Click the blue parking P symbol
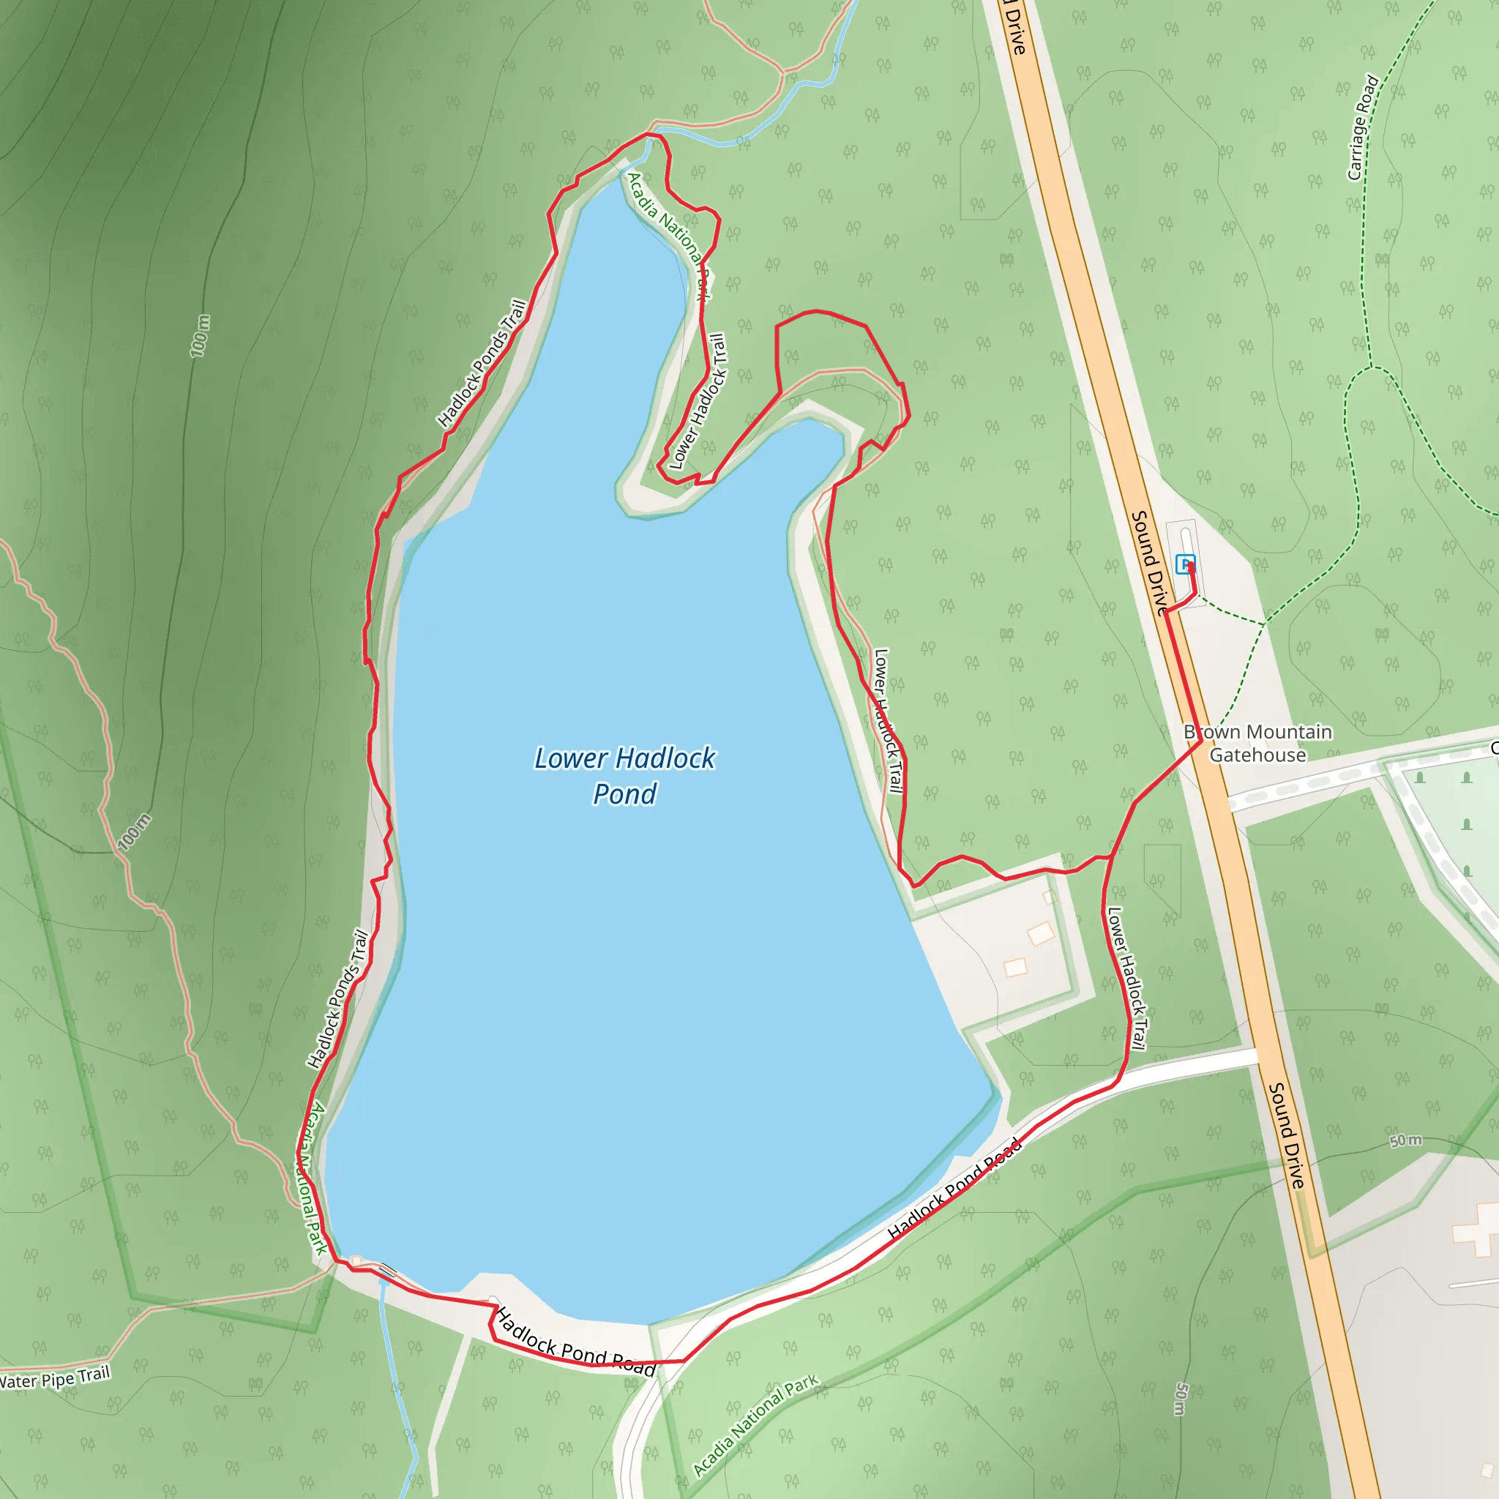click(1184, 564)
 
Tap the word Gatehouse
click(1257, 755)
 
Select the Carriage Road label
click(1363, 127)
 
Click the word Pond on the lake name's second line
click(624, 793)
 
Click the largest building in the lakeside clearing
click(1041, 933)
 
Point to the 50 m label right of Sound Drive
click(1405, 1140)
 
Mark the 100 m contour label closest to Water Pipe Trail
click(134, 832)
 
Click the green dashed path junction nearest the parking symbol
click(1265, 623)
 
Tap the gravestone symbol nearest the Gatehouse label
click(1420, 777)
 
